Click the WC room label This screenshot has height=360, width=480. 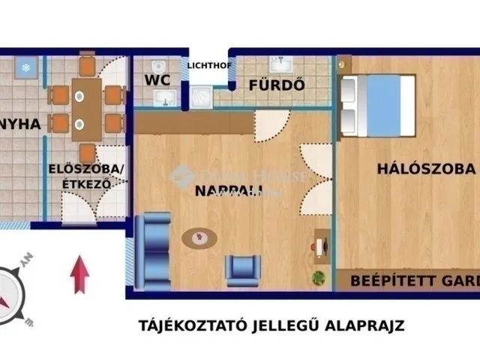click(158, 80)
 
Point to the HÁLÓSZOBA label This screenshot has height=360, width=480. click(426, 169)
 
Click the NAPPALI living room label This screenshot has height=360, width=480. click(224, 191)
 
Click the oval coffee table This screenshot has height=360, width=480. click(199, 238)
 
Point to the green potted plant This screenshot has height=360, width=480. click(319, 277)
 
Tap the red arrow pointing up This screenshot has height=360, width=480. click(79, 274)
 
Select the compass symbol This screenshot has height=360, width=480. click(14, 295)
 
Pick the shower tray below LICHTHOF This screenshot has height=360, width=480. click(202, 96)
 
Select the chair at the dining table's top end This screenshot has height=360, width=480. click(87, 66)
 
